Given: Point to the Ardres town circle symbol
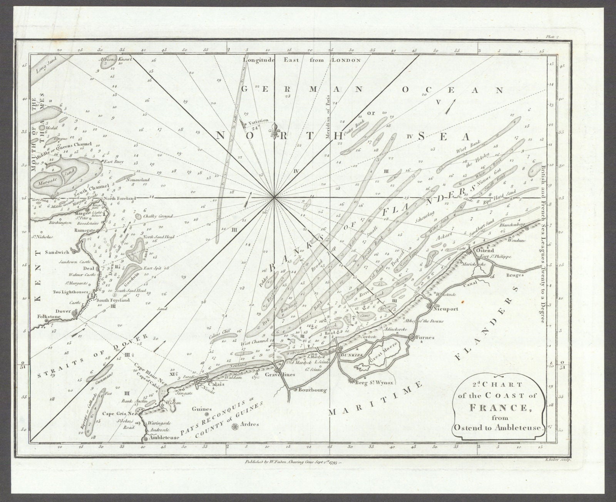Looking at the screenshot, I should tap(234, 427).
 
